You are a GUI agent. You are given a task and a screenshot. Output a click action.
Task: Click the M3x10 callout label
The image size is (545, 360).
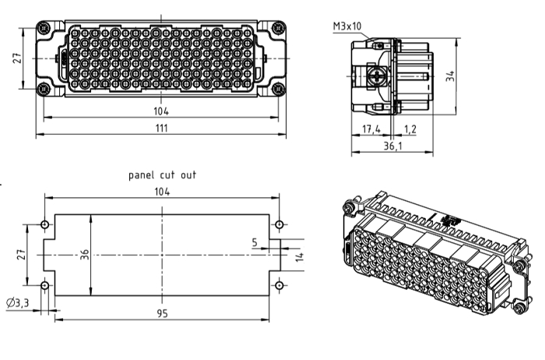coord(347,26)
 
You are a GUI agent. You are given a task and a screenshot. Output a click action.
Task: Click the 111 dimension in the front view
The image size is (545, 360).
coord(161,128)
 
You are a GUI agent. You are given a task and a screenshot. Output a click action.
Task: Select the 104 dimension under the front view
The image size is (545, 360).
coord(161,110)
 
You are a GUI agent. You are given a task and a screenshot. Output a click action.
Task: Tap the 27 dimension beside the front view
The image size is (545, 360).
coord(18,59)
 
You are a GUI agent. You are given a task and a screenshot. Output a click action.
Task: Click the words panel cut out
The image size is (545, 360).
coord(162,175)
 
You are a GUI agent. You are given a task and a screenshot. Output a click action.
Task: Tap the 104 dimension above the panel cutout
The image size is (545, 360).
coord(162,191)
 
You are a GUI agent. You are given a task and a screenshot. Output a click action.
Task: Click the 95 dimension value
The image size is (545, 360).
coord(162,313)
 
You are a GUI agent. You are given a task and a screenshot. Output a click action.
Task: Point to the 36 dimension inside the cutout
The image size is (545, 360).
coord(85,254)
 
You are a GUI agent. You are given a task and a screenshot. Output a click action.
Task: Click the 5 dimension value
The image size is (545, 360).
coord(255,242)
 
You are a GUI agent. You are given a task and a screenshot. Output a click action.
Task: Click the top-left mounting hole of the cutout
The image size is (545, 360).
coord(44,225)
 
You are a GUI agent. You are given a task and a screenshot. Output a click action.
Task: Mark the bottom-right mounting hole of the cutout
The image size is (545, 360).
coord(278,285)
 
